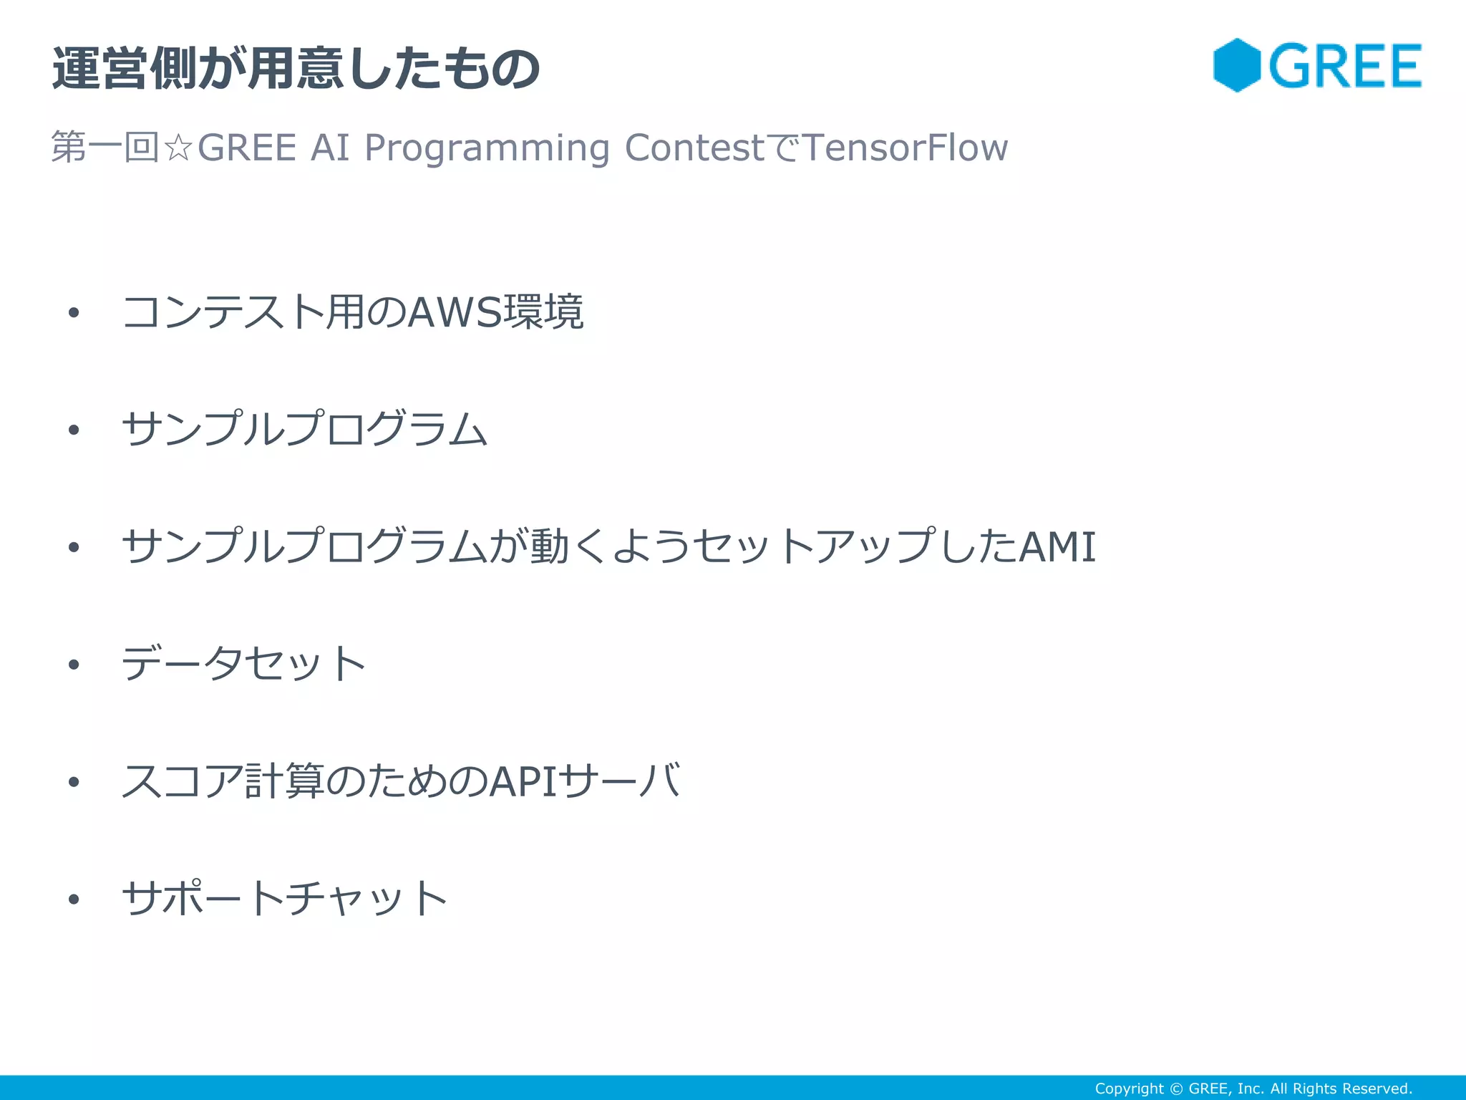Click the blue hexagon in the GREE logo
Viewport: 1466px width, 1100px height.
[x=1236, y=65]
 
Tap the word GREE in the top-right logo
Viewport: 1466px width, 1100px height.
[x=1346, y=67]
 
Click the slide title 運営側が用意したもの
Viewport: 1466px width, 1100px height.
[x=296, y=69]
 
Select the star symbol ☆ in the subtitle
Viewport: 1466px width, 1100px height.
[x=178, y=148]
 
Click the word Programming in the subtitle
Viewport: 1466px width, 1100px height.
[x=487, y=148]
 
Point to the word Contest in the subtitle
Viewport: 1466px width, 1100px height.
[x=694, y=148]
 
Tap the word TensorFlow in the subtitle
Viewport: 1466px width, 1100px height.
[x=906, y=148]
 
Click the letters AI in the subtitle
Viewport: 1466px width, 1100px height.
[x=330, y=148]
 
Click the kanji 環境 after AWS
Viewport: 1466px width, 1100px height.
[x=544, y=312]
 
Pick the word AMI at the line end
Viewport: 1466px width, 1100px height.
[x=1057, y=546]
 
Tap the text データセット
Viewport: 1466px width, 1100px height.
[x=243, y=664]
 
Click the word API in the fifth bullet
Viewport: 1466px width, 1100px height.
[x=523, y=781]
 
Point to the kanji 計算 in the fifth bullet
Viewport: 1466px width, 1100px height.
[x=284, y=781]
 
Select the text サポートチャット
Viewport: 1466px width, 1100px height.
[x=284, y=898]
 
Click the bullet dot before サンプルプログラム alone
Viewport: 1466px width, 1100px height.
[x=74, y=430]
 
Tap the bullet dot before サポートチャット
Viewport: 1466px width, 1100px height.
[x=74, y=899]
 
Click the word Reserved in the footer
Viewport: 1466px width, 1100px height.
[x=1374, y=1089]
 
